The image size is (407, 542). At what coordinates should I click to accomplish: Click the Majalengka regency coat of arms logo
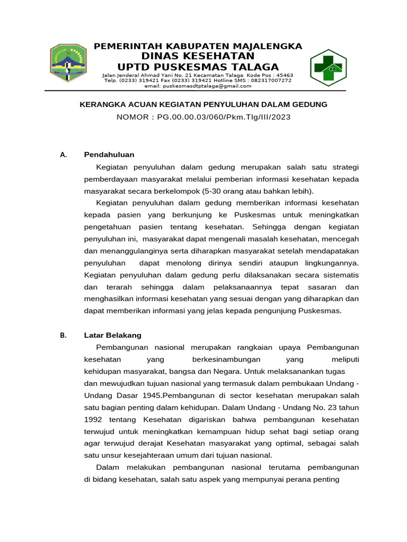[x=68, y=62]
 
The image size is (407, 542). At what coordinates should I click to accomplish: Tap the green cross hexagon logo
[x=329, y=68]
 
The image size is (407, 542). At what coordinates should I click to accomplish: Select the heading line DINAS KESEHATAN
[x=198, y=56]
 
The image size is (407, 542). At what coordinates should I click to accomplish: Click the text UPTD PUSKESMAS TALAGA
[x=198, y=67]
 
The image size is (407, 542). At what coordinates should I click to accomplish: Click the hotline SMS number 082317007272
[x=270, y=80]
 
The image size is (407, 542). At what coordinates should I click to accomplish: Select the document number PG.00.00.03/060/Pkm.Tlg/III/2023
[x=224, y=117]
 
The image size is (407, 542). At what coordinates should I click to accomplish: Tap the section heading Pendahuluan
[x=109, y=155]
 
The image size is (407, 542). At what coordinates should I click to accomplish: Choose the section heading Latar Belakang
[x=113, y=335]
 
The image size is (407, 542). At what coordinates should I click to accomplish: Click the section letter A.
[x=63, y=155]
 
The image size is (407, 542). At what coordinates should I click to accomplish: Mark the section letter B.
[x=63, y=335]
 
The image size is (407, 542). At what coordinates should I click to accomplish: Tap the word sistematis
[x=339, y=275]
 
